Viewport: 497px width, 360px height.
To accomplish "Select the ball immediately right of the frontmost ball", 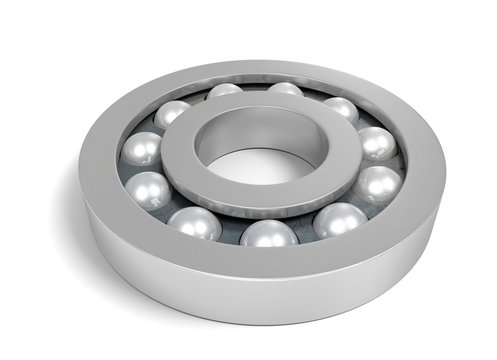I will pos(340,220).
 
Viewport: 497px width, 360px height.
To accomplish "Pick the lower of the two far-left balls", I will pos(149,189).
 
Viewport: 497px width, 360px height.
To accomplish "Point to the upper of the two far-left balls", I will pos(140,150).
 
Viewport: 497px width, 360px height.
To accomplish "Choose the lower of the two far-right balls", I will pos(378,183).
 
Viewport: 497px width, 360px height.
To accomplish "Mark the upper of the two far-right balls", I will pos(376,143).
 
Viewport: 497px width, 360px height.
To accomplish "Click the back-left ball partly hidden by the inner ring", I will pos(225,92).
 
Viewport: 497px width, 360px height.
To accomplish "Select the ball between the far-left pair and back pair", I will pos(172,114).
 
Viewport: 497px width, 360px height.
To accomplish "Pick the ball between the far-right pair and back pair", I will pos(341,110).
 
